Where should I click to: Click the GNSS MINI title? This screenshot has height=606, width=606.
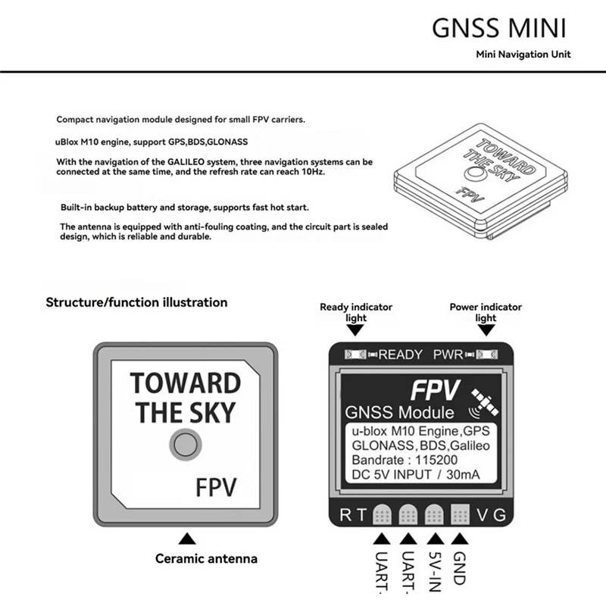coord(499,27)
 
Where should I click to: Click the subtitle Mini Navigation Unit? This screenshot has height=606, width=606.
coord(523,55)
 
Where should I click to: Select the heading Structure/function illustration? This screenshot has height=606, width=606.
coord(136,302)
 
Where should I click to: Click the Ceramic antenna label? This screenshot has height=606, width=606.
coord(206,559)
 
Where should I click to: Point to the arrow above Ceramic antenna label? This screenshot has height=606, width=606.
coord(185,539)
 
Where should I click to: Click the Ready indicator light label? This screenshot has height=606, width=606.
coord(355,312)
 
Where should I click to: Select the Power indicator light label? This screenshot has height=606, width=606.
coord(486,312)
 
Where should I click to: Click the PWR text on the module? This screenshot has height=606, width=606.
coord(448,355)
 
